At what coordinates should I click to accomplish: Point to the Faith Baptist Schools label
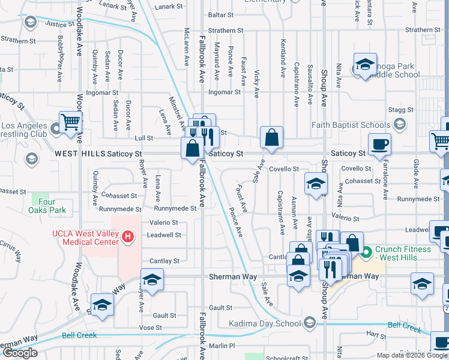click(350, 125)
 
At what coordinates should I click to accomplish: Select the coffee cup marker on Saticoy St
click(379, 145)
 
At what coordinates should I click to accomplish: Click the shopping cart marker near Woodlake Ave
click(70, 122)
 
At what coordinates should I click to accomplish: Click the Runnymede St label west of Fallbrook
click(175, 208)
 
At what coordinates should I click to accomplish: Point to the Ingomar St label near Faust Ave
click(224, 92)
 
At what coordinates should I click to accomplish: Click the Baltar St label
click(220, 14)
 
